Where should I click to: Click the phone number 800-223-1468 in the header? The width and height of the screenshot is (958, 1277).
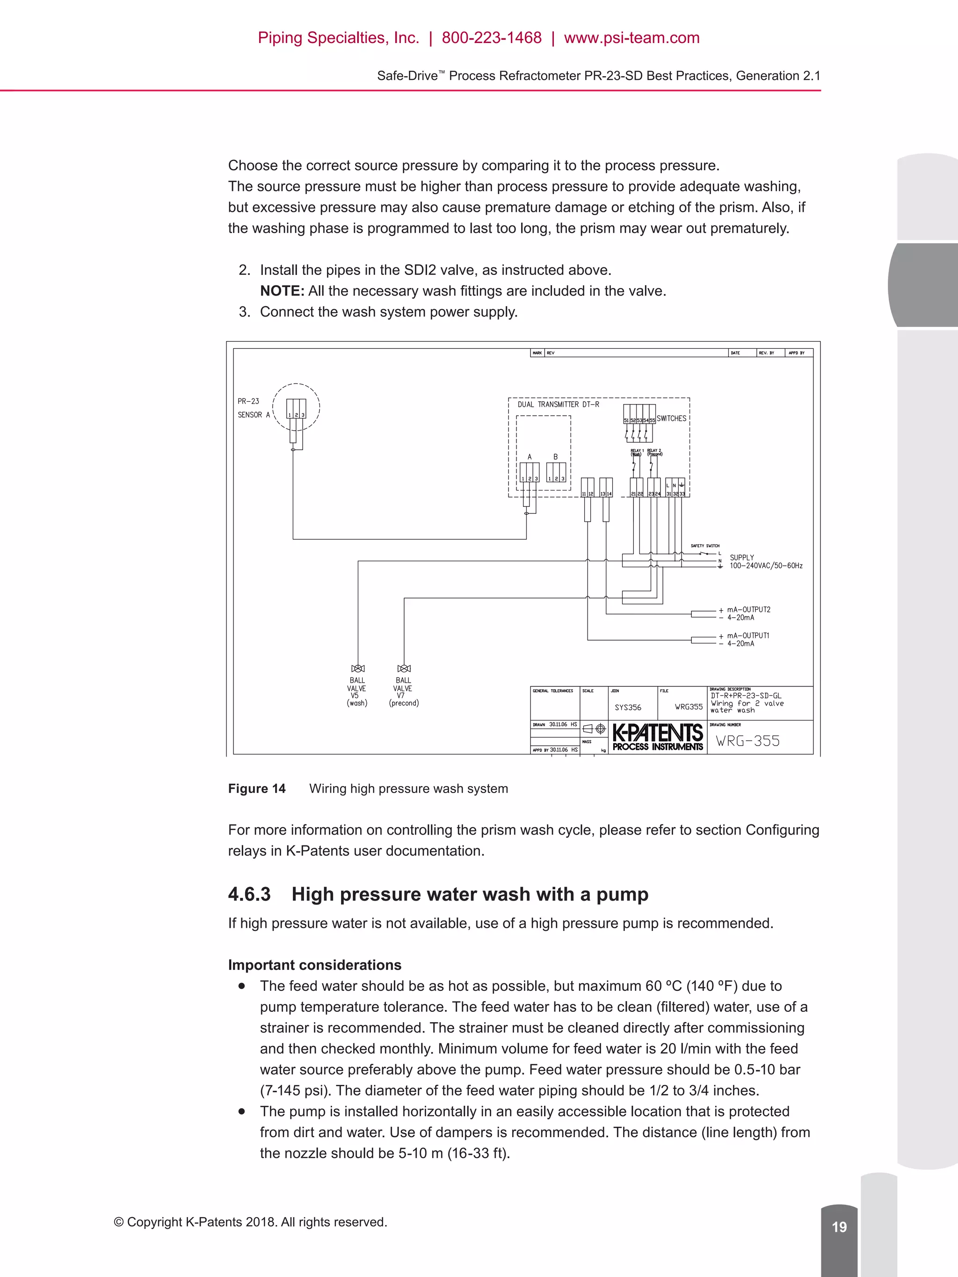click(x=492, y=38)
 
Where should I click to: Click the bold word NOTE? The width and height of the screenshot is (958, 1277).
click(x=282, y=291)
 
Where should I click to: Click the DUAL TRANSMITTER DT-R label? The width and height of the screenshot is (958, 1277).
click(x=558, y=404)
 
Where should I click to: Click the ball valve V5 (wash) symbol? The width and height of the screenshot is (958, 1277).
click(x=358, y=669)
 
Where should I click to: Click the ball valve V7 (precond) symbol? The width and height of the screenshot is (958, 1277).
click(x=404, y=669)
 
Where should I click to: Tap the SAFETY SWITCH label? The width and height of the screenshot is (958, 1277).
click(x=704, y=546)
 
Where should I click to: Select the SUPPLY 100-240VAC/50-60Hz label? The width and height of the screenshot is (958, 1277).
click(x=765, y=562)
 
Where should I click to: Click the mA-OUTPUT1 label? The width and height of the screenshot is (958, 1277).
click(x=748, y=635)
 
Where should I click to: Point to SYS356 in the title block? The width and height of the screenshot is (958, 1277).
click(x=628, y=707)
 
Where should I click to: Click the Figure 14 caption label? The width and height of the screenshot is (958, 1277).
click(x=256, y=789)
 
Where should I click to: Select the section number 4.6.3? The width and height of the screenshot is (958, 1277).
click(x=249, y=894)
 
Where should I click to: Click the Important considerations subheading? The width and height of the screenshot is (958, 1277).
click(x=314, y=965)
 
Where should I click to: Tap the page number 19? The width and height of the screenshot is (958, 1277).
click(x=839, y=1227)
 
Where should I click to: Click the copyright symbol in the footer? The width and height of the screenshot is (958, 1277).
click(x=119, y=1222)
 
